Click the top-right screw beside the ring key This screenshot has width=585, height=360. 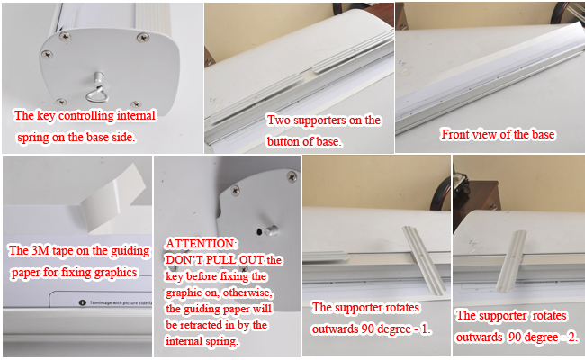(x=142, y=38)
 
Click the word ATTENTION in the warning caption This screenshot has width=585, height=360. (x=202, y=243)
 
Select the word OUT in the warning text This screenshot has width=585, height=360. (x=256, y=259)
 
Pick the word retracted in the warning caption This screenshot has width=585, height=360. (x=213, y=325)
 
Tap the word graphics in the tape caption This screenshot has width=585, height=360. (x=118, y=271)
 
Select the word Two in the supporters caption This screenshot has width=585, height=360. (x=278, y=120)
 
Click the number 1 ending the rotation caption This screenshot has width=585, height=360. (x=426, y=329)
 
